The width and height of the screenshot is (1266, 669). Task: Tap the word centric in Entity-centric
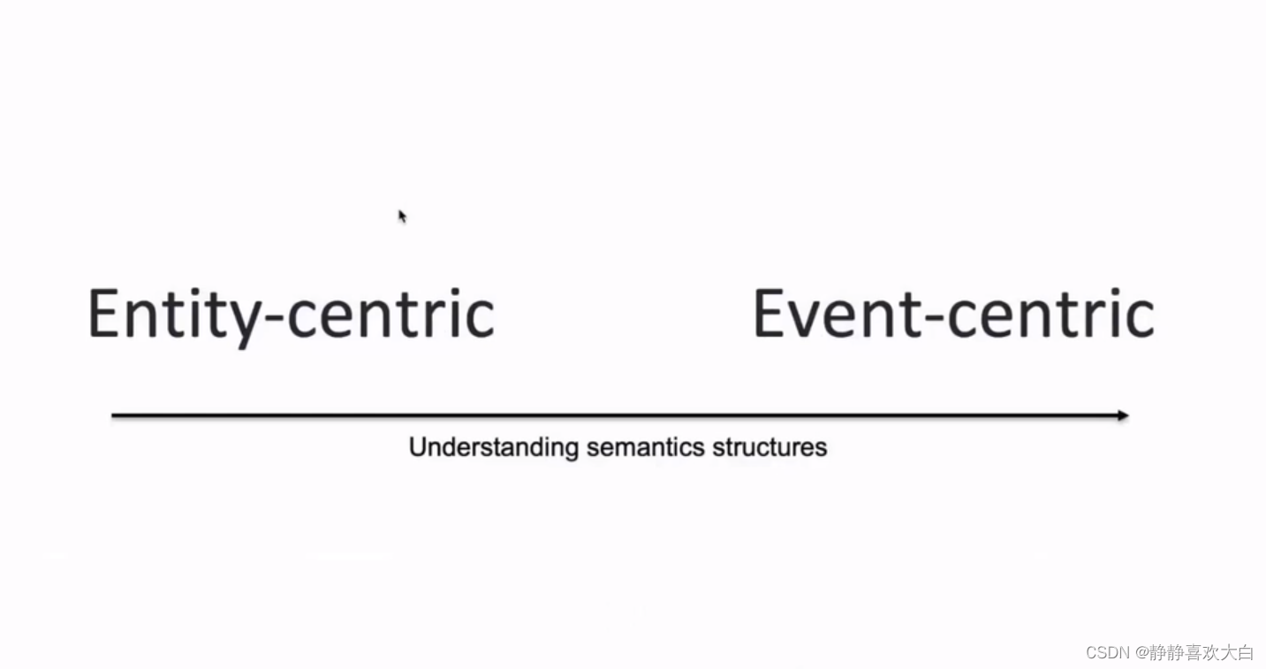(390, 315)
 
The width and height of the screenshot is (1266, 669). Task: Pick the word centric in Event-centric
(1051, 315)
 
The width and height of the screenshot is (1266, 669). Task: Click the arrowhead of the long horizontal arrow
(1123, 415)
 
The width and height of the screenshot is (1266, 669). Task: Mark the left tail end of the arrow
(114, 415)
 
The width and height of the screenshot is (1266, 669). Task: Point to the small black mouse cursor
(402, 216)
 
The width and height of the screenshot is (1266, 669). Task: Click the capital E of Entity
(103, 315)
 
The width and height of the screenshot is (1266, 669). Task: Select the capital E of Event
(768, 315)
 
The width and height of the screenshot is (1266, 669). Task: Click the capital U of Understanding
(416, 447)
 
